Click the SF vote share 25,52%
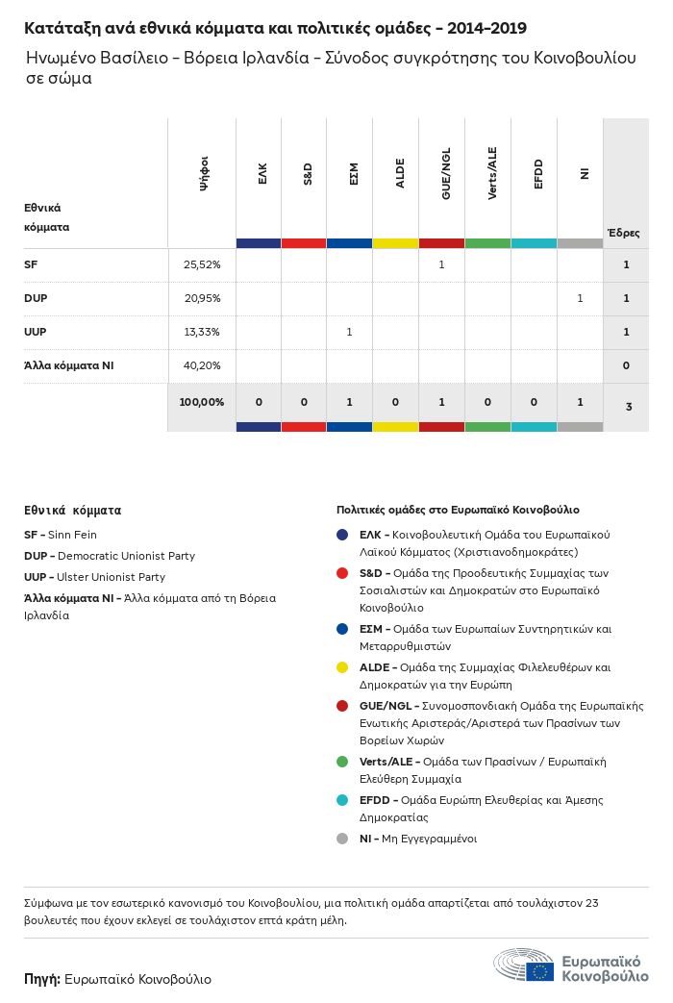click(x=202, y=264)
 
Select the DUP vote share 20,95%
click(x=202, y=298)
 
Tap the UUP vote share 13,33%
click(x=202, y=332)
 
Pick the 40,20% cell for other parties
click(x=202, y=365)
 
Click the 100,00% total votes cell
click(x=202, y=401)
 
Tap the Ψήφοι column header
click(x=203, y=180)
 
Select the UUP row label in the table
click(x=36, y=332)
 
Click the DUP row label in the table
click(x=36, y=298)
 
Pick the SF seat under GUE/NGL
click(x=441, y=264)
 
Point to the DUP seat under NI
click(x=580, y=298)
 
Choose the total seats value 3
click(x=628, y=407)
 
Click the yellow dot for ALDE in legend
click(x=342, y=667)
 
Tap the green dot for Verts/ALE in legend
click(x=342, y=762)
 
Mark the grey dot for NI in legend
click(x=342, y=839)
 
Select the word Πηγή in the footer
click(x=41, y=979)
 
